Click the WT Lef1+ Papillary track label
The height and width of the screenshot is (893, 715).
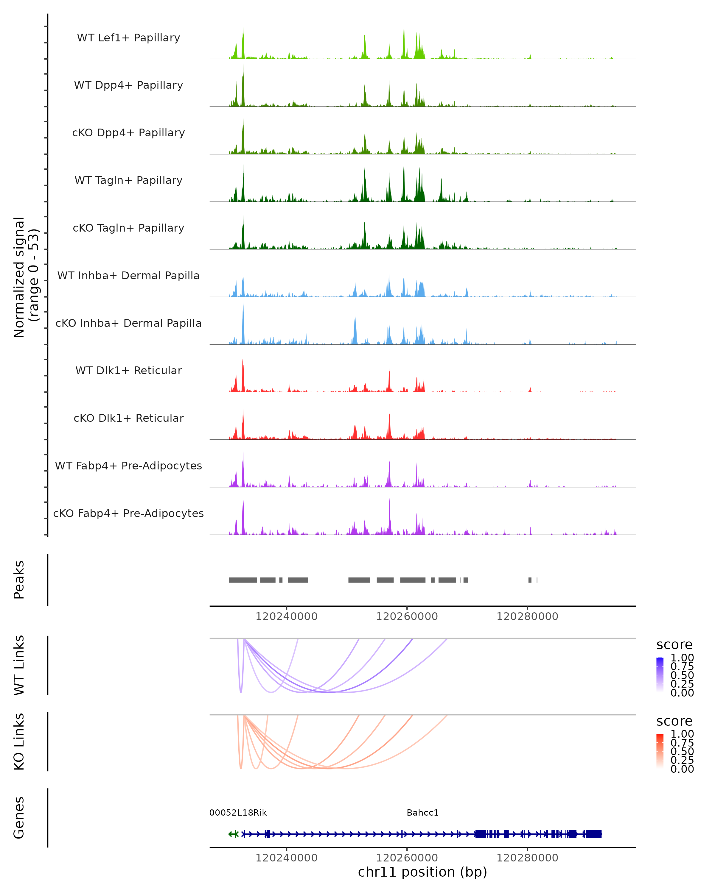[128, 38]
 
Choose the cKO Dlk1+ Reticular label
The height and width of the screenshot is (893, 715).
[128, 418]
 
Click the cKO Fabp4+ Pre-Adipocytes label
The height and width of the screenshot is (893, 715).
[128, 513]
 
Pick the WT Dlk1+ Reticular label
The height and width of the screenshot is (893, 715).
[128, 370]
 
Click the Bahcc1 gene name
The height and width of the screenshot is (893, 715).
[422, 813]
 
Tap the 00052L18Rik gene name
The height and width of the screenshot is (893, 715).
[238, 813]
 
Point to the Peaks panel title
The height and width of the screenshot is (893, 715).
[19, 580]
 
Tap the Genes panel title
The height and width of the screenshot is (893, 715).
[19, 818]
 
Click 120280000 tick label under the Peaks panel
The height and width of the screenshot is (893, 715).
[527, 616]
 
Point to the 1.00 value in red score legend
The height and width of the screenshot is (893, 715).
[682, 734]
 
